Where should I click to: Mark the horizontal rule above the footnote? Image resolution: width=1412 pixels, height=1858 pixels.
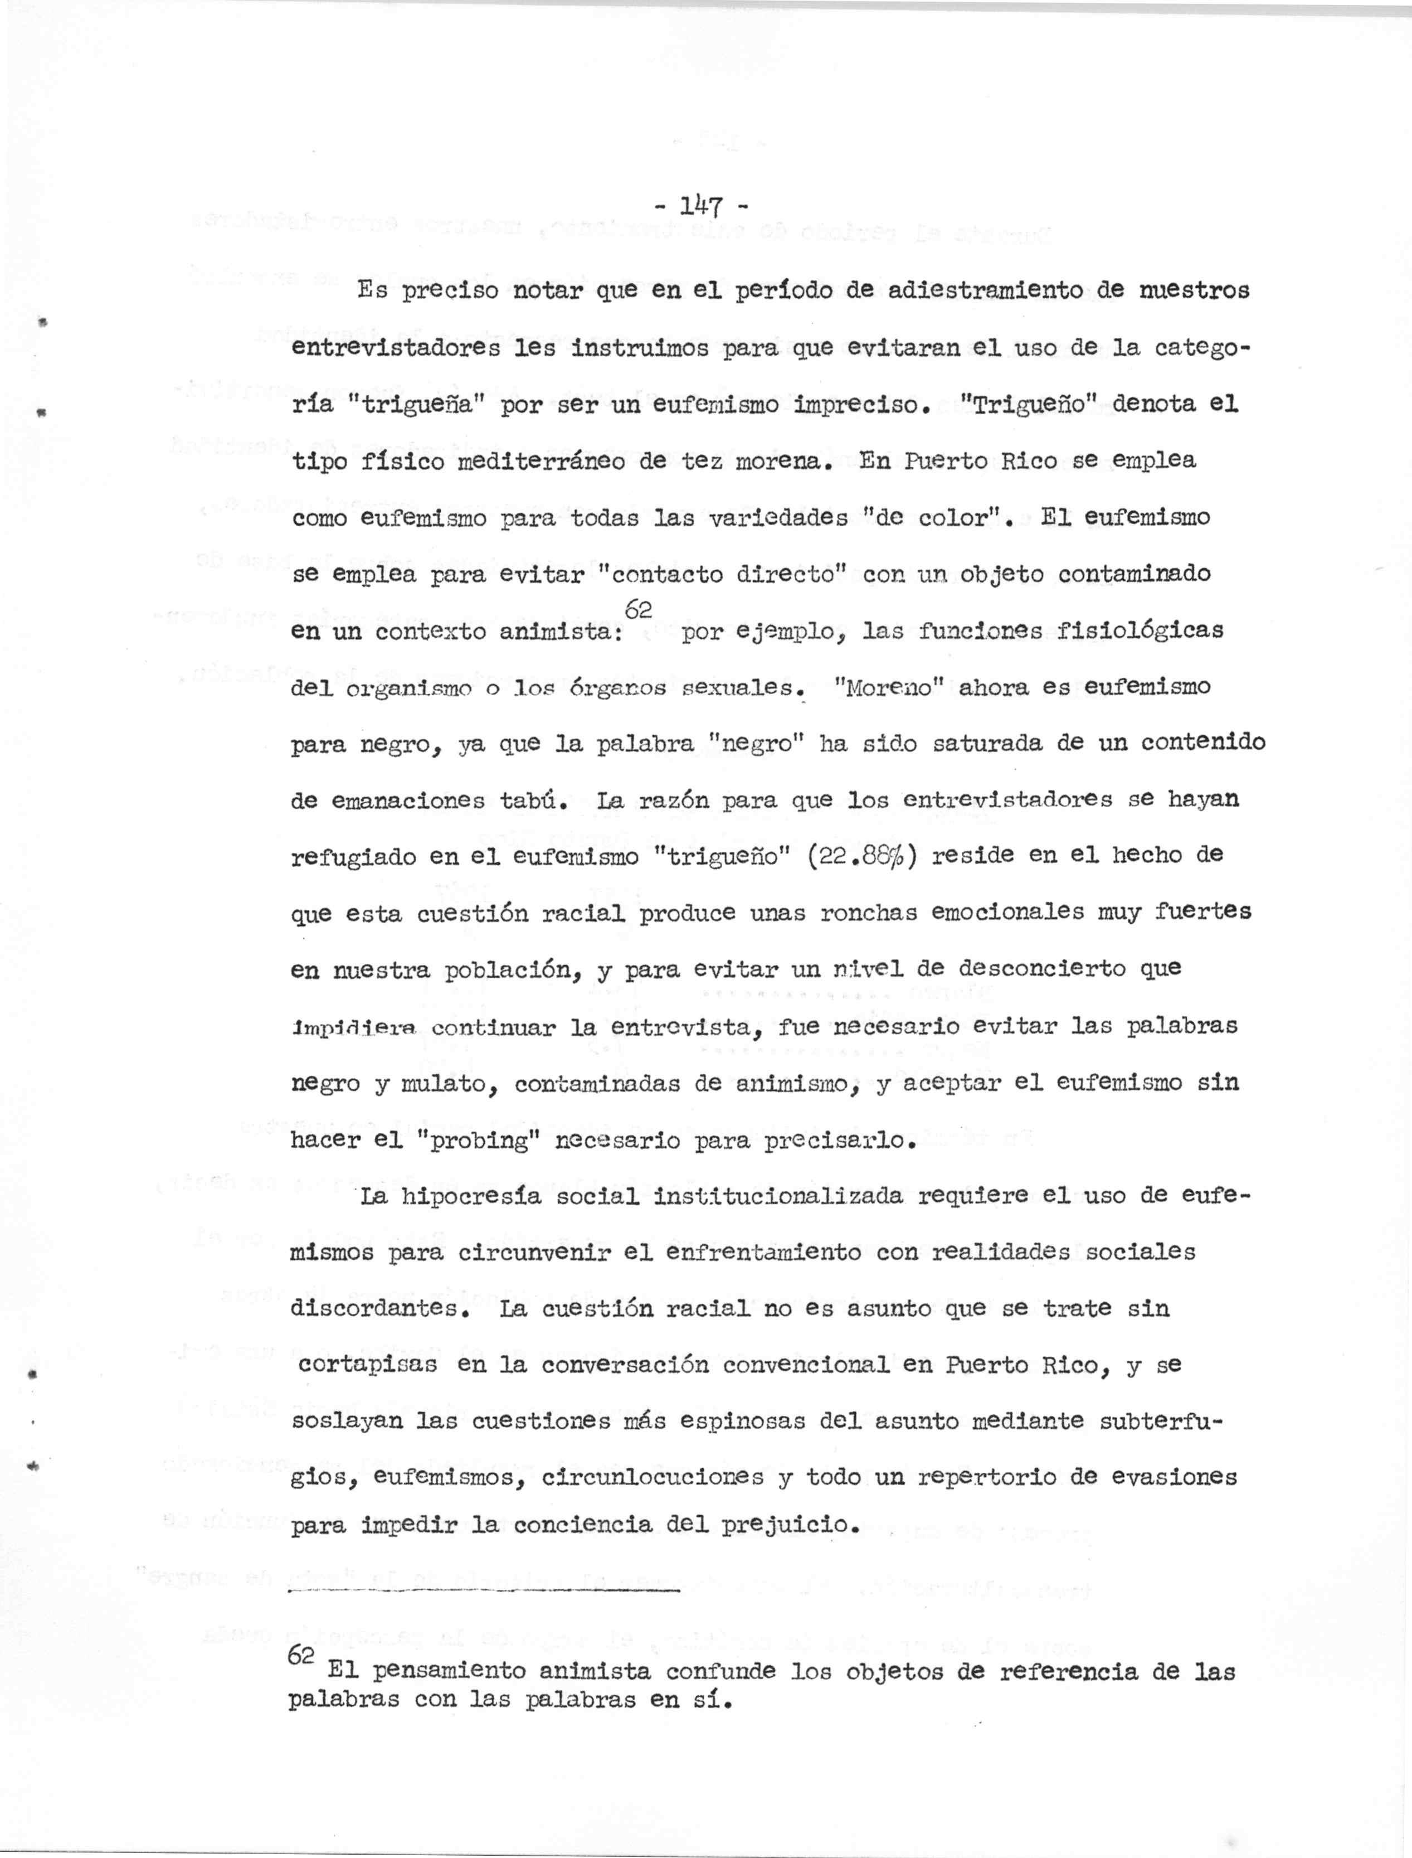coord(483,1590)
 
